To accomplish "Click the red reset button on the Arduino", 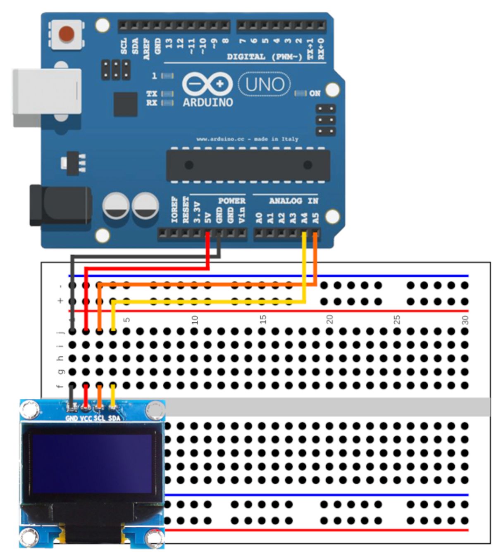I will tap(67, 34).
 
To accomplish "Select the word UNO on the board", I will tap(265, 85).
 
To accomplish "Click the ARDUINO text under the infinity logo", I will tap(208, 102).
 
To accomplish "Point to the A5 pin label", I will tap(316, 217).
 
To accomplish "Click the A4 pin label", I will tap(305, 217).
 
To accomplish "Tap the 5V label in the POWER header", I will tap(208, 217).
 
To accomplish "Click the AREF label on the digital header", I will tap(147, 49).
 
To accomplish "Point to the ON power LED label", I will tap(315, 93).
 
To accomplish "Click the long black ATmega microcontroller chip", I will tap(248, 165).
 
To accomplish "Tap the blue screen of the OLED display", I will tap(91, 463).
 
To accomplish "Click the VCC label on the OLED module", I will tap(86, 418).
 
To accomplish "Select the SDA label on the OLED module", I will tap(114, 418).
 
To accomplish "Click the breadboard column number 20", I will tap(330, 319).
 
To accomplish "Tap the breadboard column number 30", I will tap(465, 319).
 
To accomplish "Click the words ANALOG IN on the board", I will tap(293, 201).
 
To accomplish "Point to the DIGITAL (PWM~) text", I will tap(265, 57).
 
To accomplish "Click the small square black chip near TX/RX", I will tap(125, 104).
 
